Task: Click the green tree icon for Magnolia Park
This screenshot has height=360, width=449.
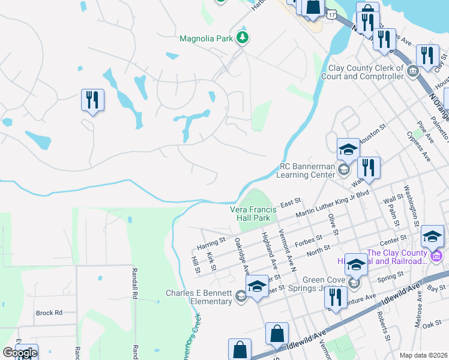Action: pos(243,38)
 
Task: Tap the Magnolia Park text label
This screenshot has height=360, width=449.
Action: pos(206,38)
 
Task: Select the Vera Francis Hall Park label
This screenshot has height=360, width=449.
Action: pos(253,214)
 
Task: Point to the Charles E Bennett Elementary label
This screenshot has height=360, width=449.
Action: pos(199,297)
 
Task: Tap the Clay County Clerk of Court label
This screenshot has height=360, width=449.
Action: pos(365,73)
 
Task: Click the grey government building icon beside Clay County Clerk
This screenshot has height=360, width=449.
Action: pos(413,72)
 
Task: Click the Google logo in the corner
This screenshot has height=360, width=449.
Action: pos(19,353)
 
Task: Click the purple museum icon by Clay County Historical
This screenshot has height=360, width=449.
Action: pos(436,256)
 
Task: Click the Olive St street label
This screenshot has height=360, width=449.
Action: pos(330,223)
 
